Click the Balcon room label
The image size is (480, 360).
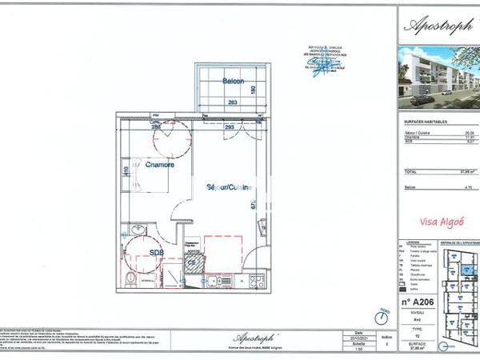coord(233,82)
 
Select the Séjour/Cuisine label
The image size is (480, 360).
coord(230,188)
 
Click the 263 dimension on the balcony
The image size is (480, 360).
coord(233,102)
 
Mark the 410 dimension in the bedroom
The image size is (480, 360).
coord(126,171)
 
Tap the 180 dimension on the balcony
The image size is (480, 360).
coord(253,90)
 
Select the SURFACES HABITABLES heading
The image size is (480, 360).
coord(425,122)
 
